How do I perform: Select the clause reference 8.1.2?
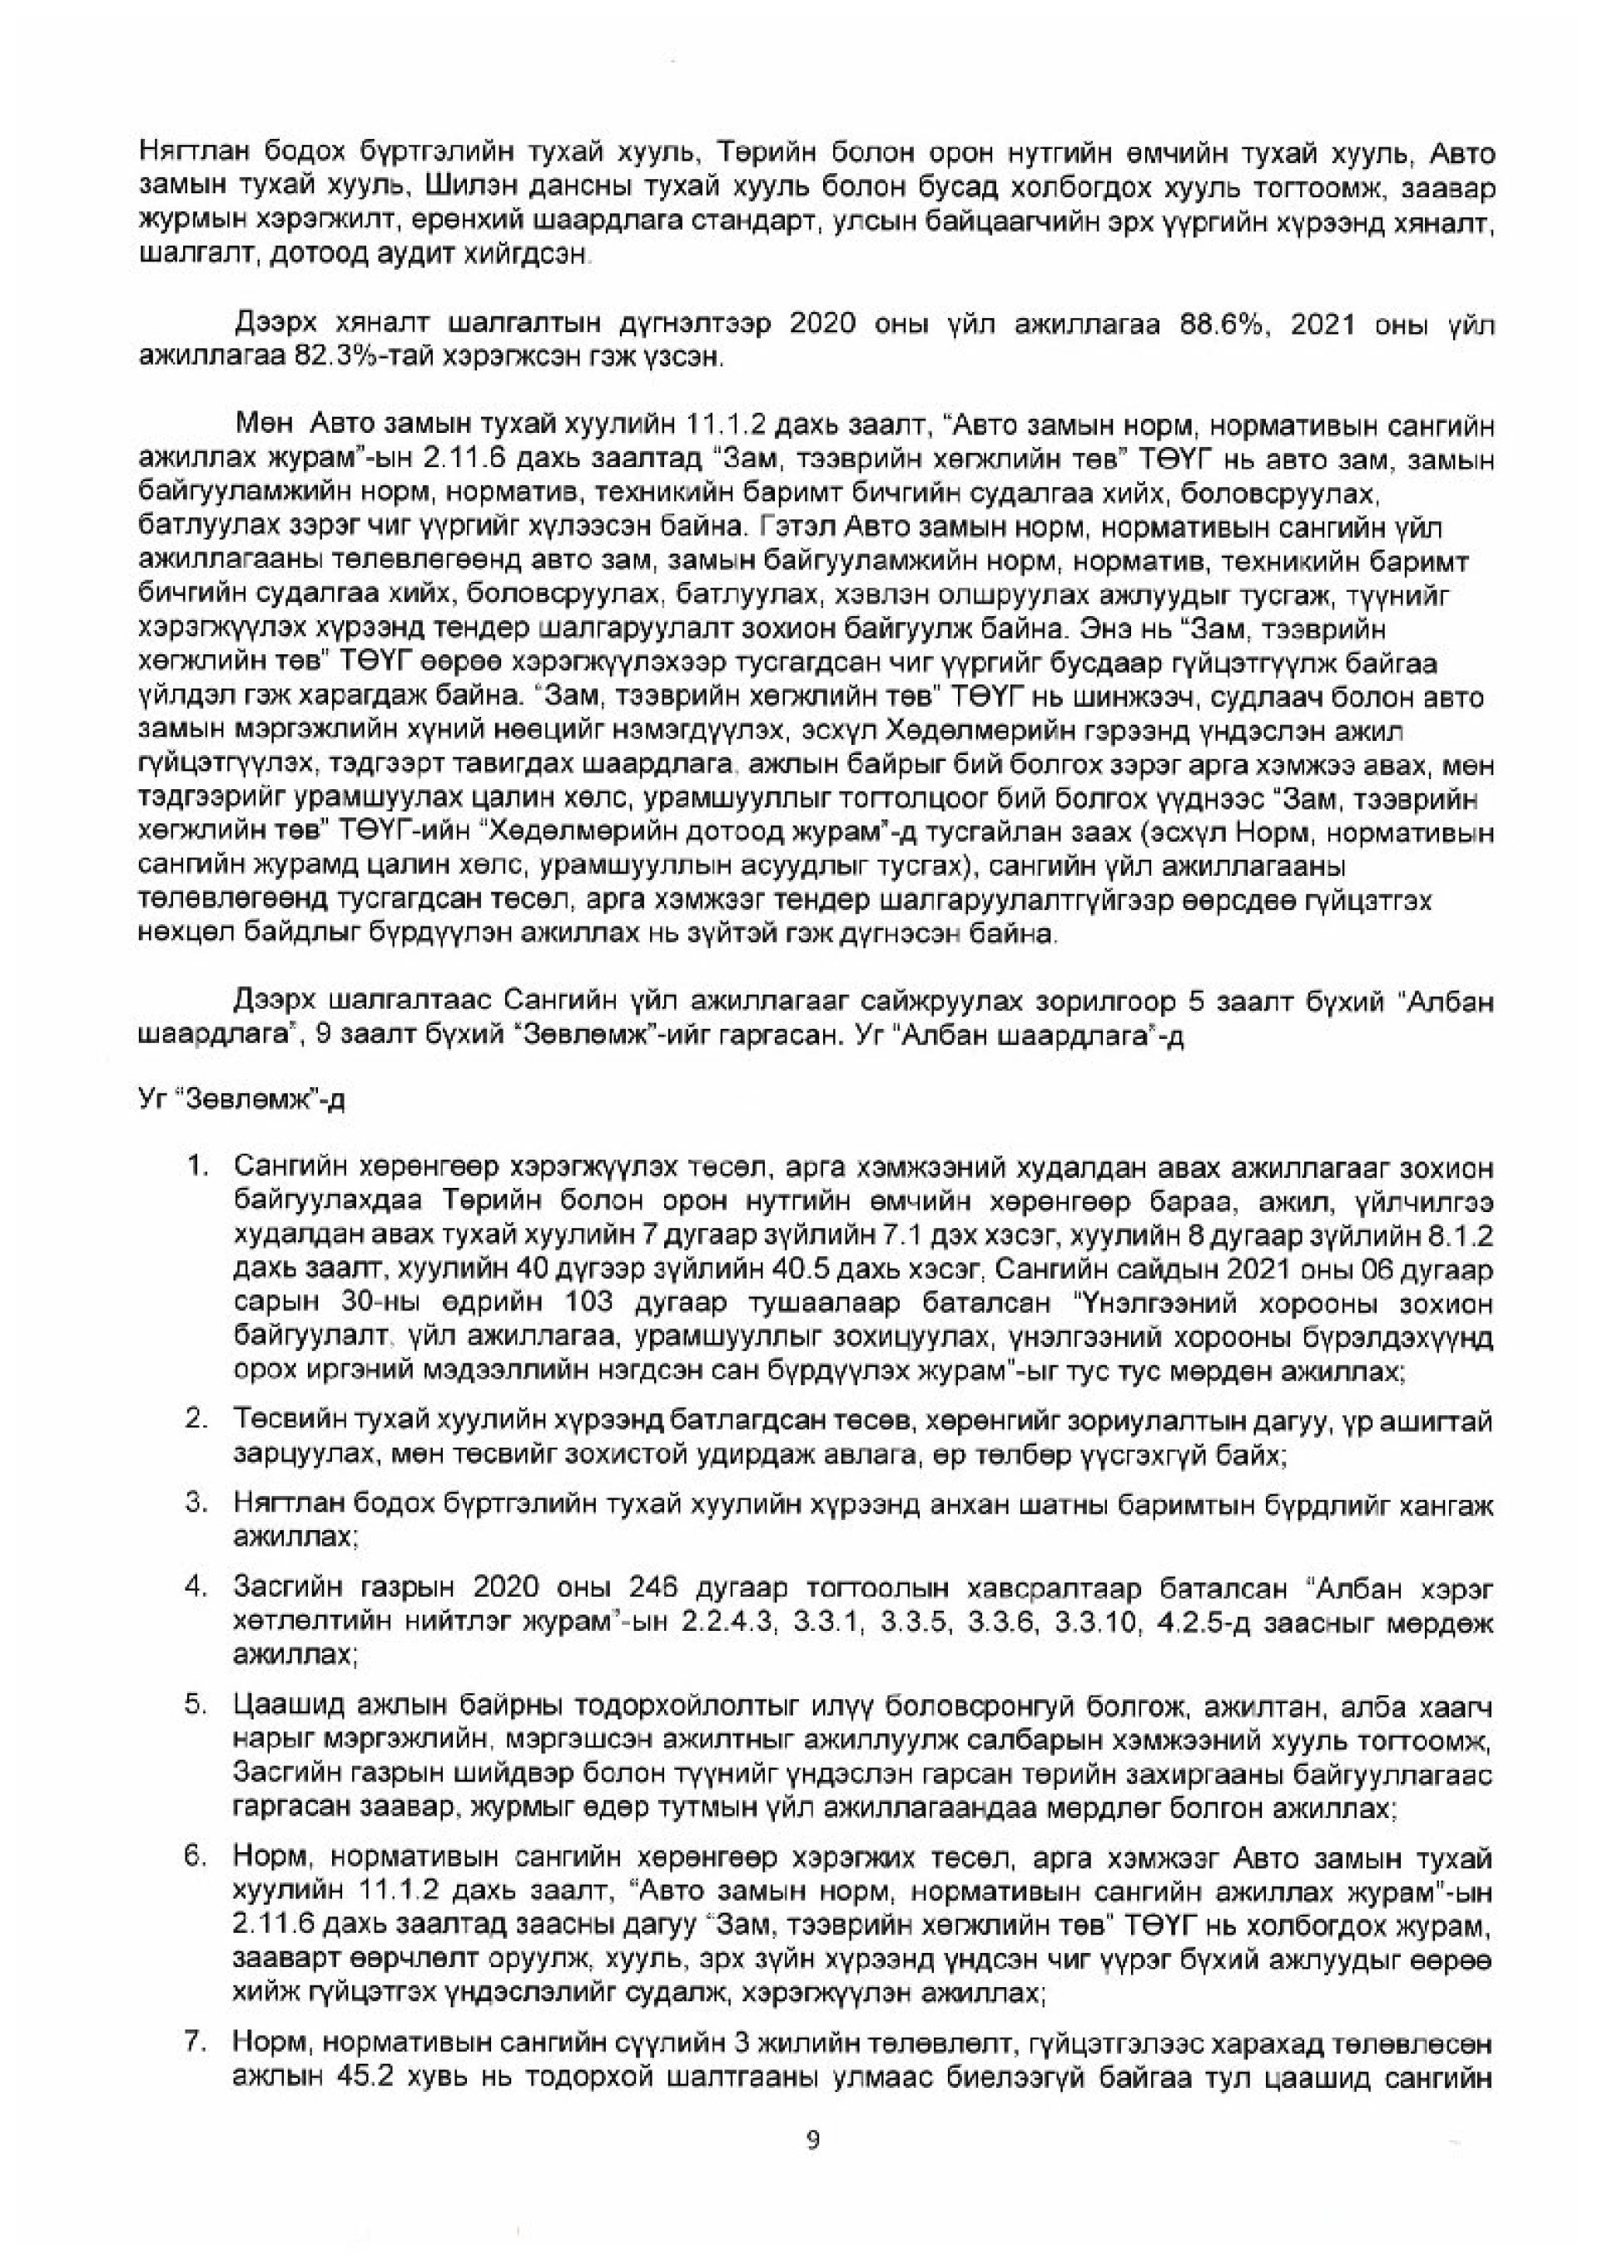[1460, 1234]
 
